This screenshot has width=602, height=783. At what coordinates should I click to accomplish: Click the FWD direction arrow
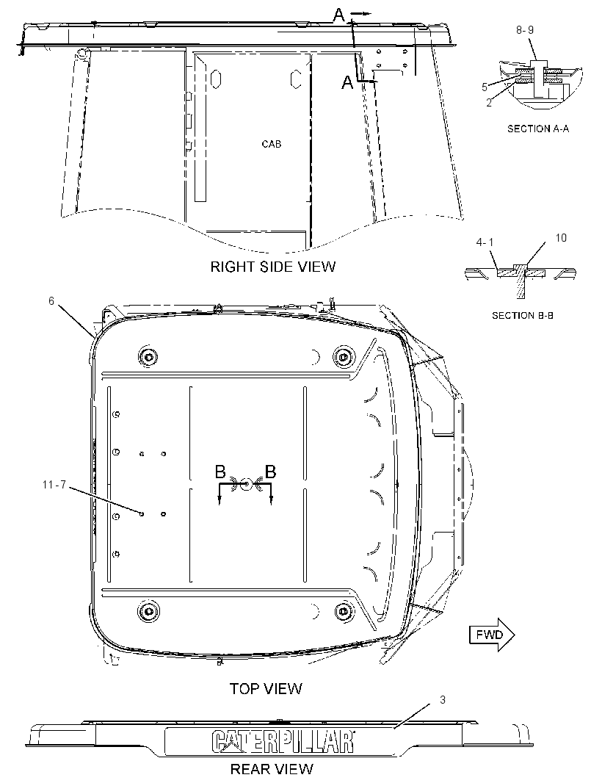[492, 635]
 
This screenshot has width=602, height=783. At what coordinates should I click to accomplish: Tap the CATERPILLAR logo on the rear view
[283, 741]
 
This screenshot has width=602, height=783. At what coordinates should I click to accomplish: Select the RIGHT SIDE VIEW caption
[272, 267]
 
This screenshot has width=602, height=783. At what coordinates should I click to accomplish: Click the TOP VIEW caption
[266, 689]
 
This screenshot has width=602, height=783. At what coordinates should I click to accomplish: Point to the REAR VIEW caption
[272, 768]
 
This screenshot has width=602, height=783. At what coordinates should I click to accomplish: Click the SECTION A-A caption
[538, 129]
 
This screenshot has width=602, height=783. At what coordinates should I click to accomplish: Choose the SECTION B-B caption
[523, 316]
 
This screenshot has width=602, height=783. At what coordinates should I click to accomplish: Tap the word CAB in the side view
[272, 144]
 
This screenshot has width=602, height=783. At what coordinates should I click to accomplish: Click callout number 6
[51, 301]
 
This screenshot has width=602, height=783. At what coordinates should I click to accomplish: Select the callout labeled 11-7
[54, 485]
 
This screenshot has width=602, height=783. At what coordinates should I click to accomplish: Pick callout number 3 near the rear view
[442, 700]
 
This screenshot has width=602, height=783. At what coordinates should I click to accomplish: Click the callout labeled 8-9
[525, 30]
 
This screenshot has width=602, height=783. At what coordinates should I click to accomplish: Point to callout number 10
[561, 238]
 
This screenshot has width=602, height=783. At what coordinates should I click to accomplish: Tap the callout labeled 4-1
[485, 242]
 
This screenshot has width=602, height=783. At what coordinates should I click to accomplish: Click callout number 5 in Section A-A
[485, 87]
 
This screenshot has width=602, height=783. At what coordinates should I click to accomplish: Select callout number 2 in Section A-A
[489, 103]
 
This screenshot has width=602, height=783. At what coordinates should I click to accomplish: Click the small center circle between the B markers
[245, 484]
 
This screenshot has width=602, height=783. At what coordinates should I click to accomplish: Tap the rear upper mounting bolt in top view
[148, 356]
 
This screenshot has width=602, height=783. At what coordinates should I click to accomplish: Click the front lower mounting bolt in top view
[342, 610]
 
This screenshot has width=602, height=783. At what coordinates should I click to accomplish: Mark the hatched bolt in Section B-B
[521, 281]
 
